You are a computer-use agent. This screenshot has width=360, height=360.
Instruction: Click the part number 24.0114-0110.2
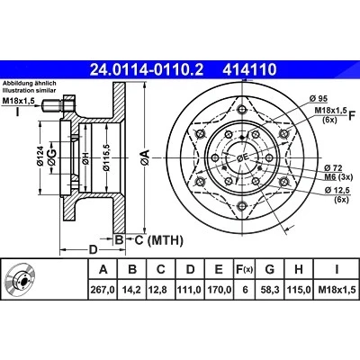147,69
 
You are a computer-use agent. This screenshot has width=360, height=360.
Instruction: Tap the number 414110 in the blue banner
249,69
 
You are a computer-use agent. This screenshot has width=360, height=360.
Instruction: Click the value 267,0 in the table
103,290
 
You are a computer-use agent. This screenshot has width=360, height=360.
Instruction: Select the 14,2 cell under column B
132,290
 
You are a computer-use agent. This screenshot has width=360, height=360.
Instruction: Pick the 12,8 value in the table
161,290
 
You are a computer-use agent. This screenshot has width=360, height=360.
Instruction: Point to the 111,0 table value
190,290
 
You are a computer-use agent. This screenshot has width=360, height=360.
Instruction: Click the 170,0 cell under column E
219,290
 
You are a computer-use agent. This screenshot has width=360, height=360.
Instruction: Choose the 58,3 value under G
270,290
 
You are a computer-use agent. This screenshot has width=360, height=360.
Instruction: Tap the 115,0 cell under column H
299,290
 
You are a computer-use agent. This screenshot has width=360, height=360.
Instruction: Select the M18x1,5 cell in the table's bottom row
337,290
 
